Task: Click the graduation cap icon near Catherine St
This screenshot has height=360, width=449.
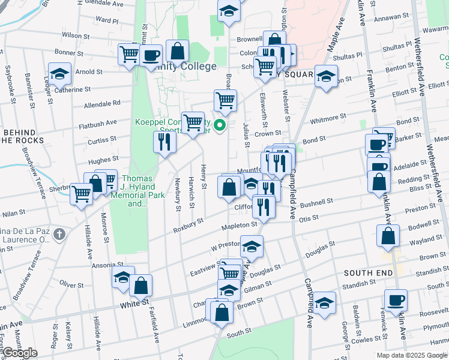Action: [60, 74]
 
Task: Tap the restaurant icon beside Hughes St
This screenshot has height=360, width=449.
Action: [164, 142]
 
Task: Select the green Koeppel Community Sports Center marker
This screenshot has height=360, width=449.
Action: [220, 125]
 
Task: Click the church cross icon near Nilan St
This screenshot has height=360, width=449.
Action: [59, 233]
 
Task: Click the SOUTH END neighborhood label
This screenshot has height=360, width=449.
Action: [368, 272]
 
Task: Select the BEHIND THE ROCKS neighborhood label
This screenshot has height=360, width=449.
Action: [22, 136]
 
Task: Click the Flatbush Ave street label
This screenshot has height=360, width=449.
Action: [98, 124]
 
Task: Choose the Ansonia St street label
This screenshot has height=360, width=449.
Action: [107, 264]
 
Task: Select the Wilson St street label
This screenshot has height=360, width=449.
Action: [75, 36]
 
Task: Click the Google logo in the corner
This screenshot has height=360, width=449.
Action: [20, 353]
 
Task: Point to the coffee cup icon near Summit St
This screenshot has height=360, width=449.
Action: [151, 56]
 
